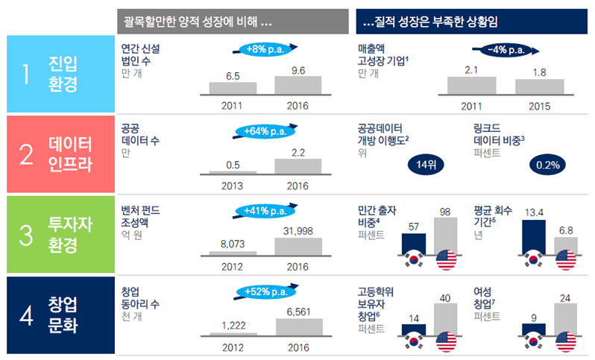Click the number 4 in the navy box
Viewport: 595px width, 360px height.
point(26,315)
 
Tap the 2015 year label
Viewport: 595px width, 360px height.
point(539,106)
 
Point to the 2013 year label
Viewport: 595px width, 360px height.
point(233,186)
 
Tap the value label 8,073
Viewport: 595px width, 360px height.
point(233,243)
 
